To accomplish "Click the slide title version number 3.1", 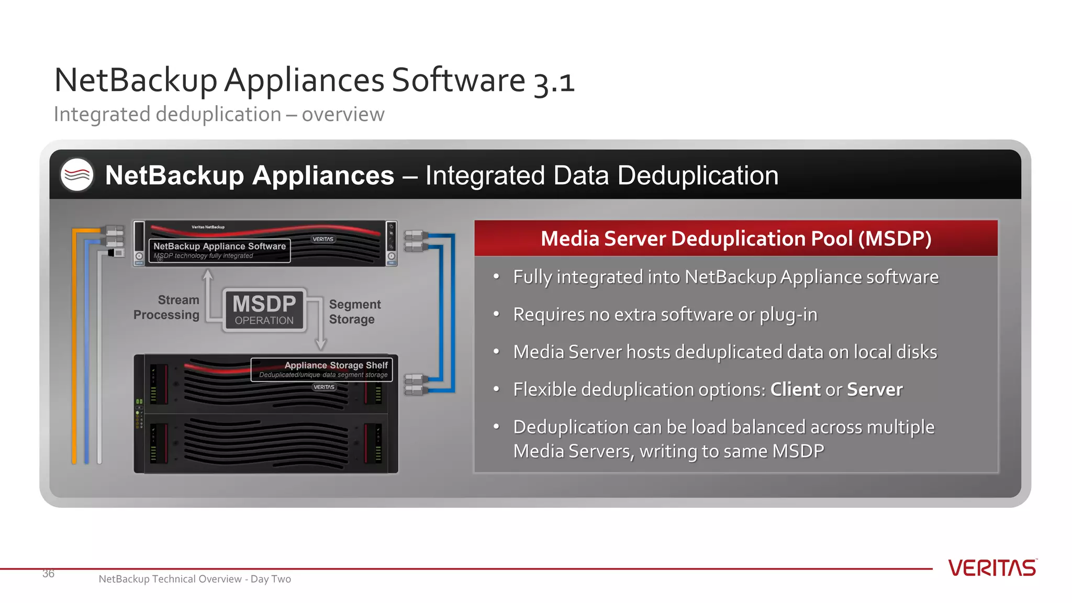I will tap(554, 82).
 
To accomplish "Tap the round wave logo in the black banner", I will tap(77, 175).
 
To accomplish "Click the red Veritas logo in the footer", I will tap(992, 568).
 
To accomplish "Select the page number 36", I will tap(48, 574).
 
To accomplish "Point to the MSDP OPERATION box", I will tap(264, 310).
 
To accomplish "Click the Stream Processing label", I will tap(167, 307).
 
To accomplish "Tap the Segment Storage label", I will tap(354, 311).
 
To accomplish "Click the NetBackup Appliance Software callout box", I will tap(219, 250).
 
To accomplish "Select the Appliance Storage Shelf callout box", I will tap(322, 369).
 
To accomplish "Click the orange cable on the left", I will tap(74, 345).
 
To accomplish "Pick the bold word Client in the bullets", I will tap(795, 389).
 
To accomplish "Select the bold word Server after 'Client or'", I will tap(875, 389).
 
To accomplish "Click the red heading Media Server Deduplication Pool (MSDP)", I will tap(735, 239).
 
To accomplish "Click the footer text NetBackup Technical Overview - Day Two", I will tap(195, 579).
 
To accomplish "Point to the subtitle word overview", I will tap(343, 114).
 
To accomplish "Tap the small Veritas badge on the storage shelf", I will tap(324, 387).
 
